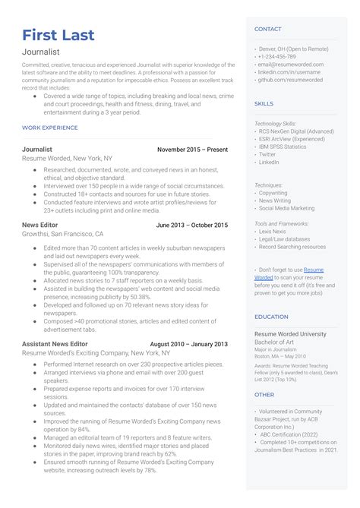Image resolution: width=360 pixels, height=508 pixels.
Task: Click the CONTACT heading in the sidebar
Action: tap(267, 29)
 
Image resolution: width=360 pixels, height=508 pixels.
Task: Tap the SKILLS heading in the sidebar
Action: tap(264, 103)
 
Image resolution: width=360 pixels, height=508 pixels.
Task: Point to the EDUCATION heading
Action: tap(271, 317)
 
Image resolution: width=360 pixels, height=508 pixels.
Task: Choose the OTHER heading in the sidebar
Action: tap(264, 395)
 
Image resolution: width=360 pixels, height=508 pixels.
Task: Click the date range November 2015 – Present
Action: tap(192, 150)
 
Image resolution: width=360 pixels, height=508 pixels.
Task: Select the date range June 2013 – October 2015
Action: tap(191, 226)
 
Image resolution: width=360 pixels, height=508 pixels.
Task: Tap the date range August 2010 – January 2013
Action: tap(189, 344)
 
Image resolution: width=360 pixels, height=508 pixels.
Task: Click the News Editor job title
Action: tap(39, 226)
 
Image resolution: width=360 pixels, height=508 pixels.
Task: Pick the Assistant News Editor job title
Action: tap(55, 344)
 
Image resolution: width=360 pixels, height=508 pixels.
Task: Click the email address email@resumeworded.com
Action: tap(291, 65)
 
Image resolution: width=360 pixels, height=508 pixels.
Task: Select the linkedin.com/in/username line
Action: tap(288, 72)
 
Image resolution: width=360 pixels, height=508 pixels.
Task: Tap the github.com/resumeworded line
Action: tap(290, 80)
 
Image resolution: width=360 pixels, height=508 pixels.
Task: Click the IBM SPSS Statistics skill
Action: tap(283, 147)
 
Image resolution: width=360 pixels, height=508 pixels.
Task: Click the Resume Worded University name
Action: tap(291, 333)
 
